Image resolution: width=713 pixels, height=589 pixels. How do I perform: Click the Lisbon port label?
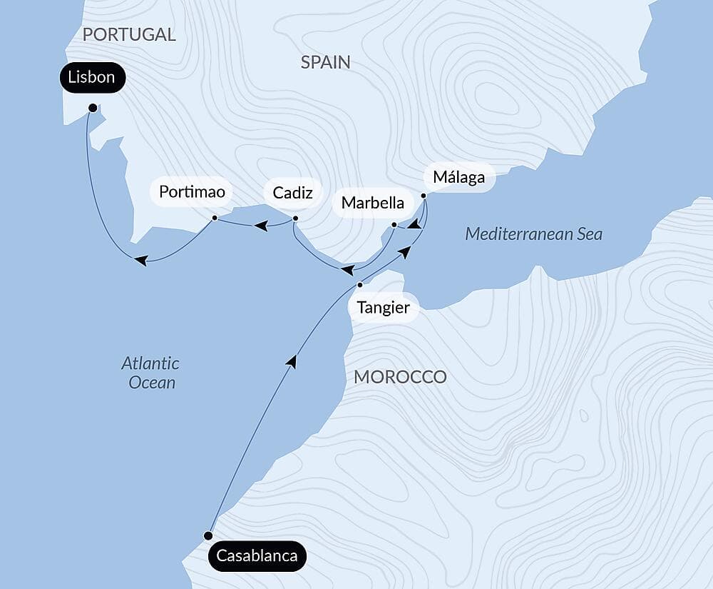[92, 77]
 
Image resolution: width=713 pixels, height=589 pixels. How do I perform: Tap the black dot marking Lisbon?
[92, 108]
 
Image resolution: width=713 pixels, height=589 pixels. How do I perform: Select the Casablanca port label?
[257, 556]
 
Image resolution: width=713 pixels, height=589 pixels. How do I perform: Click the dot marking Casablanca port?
[208, 535]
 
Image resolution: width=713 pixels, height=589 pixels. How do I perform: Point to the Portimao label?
[192, 192]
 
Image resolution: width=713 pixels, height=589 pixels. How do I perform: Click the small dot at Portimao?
[215, 218]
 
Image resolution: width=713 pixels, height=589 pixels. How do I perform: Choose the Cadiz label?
[293, 192]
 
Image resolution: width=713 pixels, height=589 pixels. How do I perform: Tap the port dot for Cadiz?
[295, 218]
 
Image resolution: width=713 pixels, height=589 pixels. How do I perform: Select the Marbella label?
[373, 202]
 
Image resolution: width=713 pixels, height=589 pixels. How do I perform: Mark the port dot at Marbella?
[394, 225]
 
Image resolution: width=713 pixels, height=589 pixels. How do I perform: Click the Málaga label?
[459, 177]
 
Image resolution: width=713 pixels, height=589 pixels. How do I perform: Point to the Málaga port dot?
[424, 196]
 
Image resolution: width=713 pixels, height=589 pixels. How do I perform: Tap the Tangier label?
[384, 308]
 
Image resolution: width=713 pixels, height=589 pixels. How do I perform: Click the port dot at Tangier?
[360, 285]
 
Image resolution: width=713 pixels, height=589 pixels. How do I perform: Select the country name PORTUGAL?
[129, 34]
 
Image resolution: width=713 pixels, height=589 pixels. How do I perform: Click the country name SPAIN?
[325, 62]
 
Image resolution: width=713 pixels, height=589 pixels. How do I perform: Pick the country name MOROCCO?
[400, 377]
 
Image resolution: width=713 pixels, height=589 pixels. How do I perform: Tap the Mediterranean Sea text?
[533, 234]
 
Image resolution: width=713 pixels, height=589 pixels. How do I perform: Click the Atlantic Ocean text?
[150, 373]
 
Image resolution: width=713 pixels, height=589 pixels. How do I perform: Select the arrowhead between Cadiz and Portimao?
[262, 226]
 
